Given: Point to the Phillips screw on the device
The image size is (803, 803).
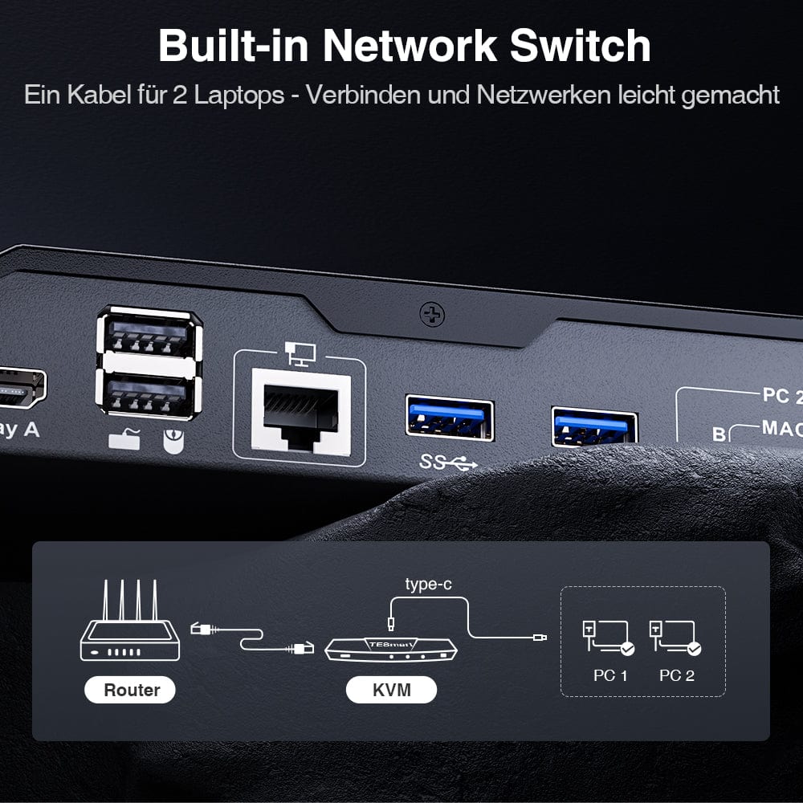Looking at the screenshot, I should pos(432,315).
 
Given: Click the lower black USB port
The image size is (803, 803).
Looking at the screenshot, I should pos(148,393).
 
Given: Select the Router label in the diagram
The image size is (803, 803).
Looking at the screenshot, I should pos(131,689).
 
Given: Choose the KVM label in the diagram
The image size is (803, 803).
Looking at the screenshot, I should pos(391,689).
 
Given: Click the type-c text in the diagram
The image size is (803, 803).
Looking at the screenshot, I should pos(428,584).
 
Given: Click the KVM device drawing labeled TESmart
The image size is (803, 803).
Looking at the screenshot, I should pos(391,649).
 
